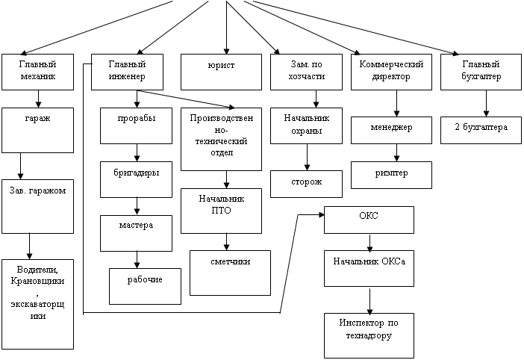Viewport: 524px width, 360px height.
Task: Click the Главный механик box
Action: click(38, 71)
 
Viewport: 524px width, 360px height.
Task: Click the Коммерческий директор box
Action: click(391, 71)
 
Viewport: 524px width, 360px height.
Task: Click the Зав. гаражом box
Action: click(38, 206)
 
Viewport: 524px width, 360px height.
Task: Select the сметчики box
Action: click(230, 270)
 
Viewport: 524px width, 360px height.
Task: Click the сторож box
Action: click(306, 183)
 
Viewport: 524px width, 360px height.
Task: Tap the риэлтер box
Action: click(391, 174)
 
